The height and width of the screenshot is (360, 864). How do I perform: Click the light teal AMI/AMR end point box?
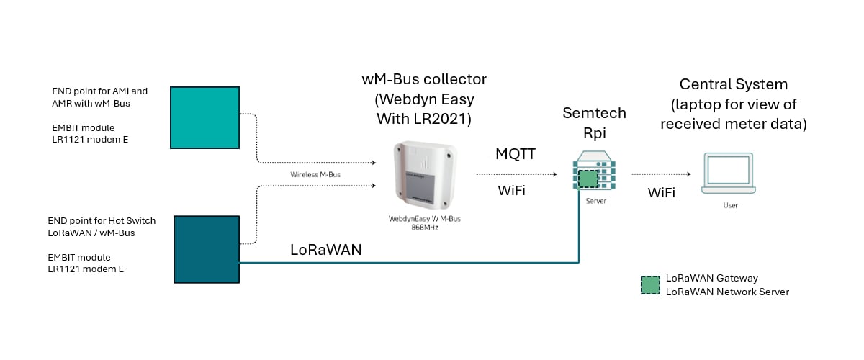204,117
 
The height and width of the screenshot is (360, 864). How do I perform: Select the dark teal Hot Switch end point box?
207,249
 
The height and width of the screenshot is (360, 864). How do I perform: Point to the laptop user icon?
729,174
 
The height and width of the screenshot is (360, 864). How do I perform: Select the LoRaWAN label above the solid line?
325,250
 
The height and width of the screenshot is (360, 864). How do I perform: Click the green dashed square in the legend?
650,285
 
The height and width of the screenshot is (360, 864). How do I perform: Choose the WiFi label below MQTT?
511,191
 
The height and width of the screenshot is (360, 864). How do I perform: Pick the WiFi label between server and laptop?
661,193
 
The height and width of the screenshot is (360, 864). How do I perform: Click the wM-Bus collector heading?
425,79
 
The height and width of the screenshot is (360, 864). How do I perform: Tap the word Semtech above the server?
595,113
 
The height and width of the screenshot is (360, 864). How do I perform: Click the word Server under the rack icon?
595,202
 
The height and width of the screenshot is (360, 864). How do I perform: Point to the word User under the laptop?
730,205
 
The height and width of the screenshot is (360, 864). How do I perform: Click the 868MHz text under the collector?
425,227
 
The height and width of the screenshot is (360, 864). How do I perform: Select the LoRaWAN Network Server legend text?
727,292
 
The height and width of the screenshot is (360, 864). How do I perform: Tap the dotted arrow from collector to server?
516,174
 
